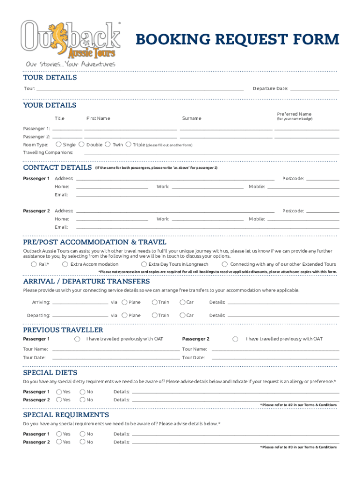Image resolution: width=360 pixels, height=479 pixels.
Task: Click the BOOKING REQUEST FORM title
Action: (x=237, y=40)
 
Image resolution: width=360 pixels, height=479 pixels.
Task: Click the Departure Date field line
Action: (x=314, y=88)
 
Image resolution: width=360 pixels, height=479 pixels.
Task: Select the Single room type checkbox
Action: (x=59, y=145)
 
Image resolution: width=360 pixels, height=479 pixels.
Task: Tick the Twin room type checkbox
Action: (x=108, y=145)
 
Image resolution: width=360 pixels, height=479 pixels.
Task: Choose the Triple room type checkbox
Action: (x=129, y=145)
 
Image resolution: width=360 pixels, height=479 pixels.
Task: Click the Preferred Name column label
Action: (x=294, y=114)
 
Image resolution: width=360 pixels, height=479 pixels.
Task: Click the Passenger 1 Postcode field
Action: (x=323, y=178)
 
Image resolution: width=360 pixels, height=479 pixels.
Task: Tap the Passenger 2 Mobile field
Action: (x=303, y=219)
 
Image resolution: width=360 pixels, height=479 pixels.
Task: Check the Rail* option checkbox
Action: (x=34, y=264)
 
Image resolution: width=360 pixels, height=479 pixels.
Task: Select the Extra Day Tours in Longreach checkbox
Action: (x=144, y=264)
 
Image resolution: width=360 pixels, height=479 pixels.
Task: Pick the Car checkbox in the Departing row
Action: (x=182, y=315)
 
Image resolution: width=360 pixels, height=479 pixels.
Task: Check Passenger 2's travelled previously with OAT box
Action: (x=235, y=339)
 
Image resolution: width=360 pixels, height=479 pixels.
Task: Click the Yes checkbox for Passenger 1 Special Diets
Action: (x=59, y=392)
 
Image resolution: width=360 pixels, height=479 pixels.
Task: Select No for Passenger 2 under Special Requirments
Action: (x=83, y=442)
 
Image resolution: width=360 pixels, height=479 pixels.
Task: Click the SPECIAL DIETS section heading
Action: (x=50, y=373)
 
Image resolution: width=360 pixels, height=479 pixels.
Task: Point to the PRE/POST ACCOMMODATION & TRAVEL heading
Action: (x=94, y=242)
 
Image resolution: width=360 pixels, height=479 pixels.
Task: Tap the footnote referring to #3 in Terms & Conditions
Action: (x=298, y=447)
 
